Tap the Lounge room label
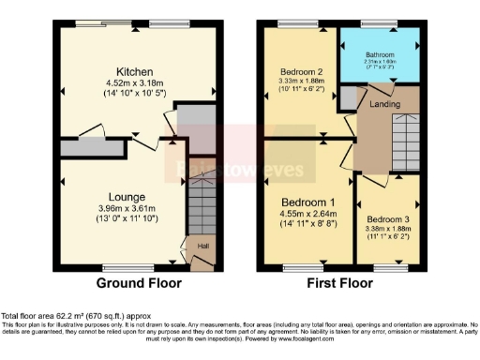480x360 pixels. (x=127, y=196)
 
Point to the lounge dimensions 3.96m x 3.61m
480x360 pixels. (x=127, y=207)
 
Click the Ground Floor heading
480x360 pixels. (x=138, y=282)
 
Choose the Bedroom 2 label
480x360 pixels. (x=300, y=71)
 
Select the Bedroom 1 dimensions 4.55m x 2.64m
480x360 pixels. (x=306, y=214)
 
